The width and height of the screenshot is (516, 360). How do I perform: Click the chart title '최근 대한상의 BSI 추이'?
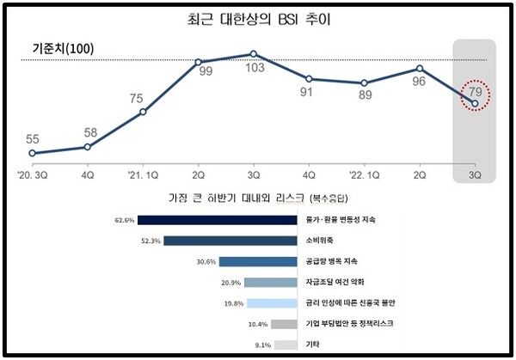tap(258, 18)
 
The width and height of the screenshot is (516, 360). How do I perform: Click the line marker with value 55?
tap(32, 154)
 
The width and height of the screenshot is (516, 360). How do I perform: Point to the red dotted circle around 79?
tap(475, 92)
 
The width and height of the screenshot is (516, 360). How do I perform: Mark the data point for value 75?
tap(143, 112)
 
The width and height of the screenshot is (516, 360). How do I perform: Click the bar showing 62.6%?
tap(211, 220)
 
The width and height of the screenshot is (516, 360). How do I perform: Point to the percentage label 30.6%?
tap(206, 262)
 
